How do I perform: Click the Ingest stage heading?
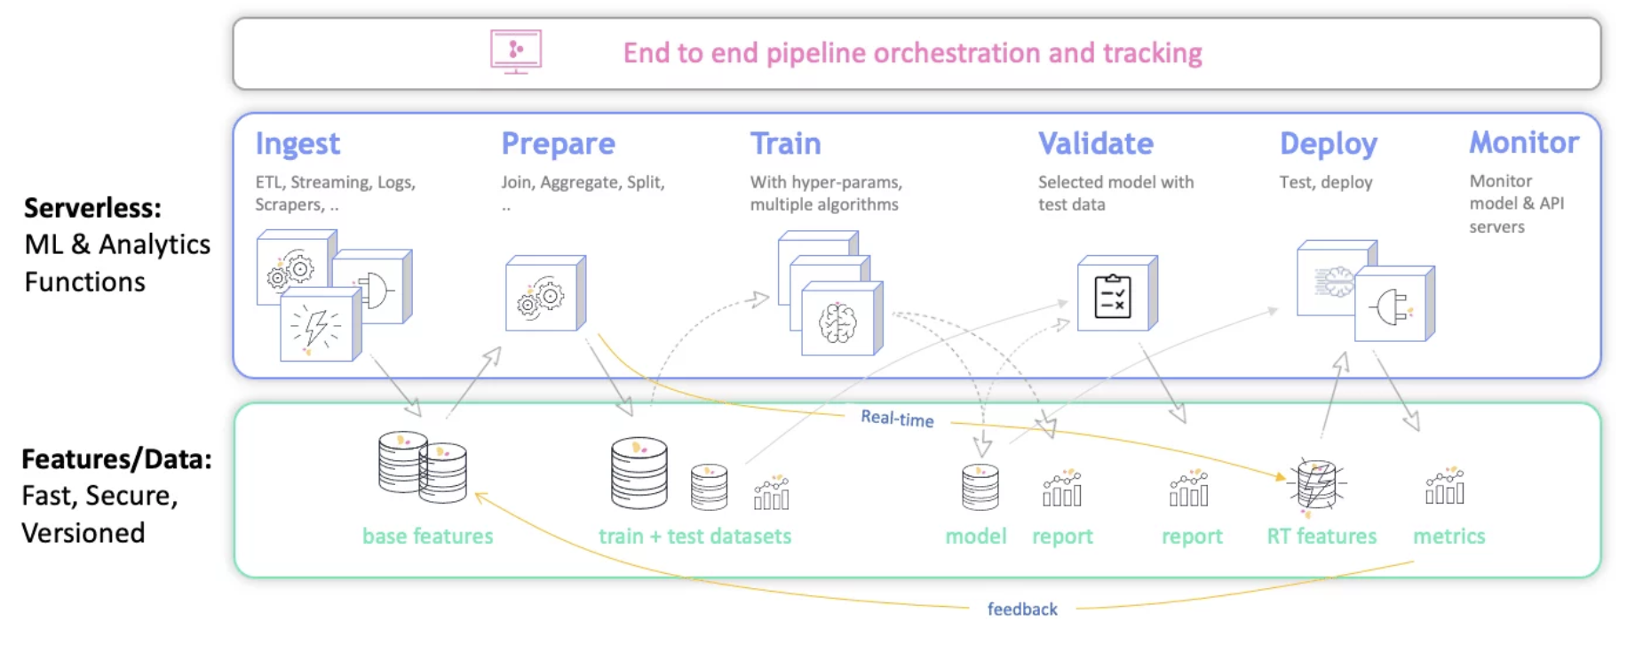point(298,144)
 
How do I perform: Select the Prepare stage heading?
point(558,144)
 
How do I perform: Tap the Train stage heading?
point(785,144)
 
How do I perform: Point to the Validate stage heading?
point(1095,144)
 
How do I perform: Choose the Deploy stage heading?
point(1328,144)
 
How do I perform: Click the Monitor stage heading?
point(1523,142)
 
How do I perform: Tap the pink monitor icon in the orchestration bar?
point(516,52)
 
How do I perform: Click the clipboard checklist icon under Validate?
point(1113,296)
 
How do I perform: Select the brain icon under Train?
point(837,322)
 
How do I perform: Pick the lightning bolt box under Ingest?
point(317,327)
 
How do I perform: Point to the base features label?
point(427,536)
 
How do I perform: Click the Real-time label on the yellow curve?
point(897,418)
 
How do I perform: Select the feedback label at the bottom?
point(1022,609)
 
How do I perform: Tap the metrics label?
point(1448,536)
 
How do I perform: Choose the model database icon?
point(980,487)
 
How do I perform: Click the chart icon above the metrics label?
point(1444,486)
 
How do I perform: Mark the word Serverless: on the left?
point(92,208)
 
